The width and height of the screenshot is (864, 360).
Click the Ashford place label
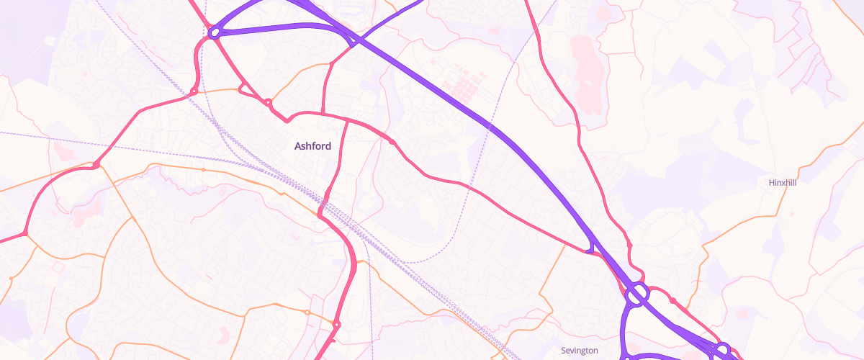(312, 146)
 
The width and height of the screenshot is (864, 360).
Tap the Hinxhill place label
(783, 183)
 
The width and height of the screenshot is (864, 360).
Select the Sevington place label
(579, 351)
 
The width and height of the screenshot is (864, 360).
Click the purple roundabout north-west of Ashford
(214, 32)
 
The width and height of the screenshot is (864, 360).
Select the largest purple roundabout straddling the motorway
(637, 294)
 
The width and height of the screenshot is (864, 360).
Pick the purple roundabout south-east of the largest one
(722, 348)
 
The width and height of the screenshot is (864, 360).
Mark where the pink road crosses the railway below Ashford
(323, 209)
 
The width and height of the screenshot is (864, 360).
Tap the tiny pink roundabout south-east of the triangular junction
(268, 103)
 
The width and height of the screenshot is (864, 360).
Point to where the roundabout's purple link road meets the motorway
(352, 43)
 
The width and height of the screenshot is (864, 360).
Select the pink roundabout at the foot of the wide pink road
(336, 325)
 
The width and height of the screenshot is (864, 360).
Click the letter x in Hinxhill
(783, 183)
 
